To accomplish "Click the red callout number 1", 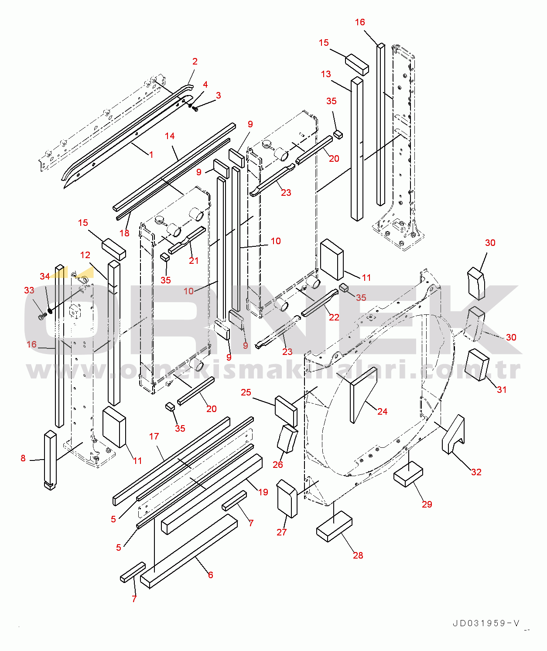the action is pyautogui.click(x=151, y=155).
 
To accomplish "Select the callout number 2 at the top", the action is pyautogui.click(x=195, y=61).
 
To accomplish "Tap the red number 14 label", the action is pyautogui.click(x=170, y=136).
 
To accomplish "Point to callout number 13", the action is pyautogui.click(x=326, y=74).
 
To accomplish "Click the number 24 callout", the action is pyautogui.click(x=383, y=412).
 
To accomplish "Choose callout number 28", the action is pyautogui.click(x=358, y=555).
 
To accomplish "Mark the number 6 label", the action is pyautogui.click(x=211, y=575).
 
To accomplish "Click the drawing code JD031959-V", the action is pyautogui.click(x=486, y=624).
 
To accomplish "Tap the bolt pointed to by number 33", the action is pyautogui.click(x=41, y=317).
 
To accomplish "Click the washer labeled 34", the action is pyautogui.click(x=50, y=311).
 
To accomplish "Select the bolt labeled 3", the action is pyautogui.click(x=195, y=109).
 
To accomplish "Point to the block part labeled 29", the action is pyautogui.click(x=408, y=474).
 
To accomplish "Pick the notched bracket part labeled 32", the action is pyautogui.click(x=454, y=434).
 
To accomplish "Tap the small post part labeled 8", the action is pyautogui.click(x=50, y=460).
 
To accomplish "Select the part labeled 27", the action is pyautogui.click(x=287, y=499).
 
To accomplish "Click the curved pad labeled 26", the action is pyautogui.click(x=287, y=439).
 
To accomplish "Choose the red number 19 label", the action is pyautogui.click(x=263, y=492).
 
